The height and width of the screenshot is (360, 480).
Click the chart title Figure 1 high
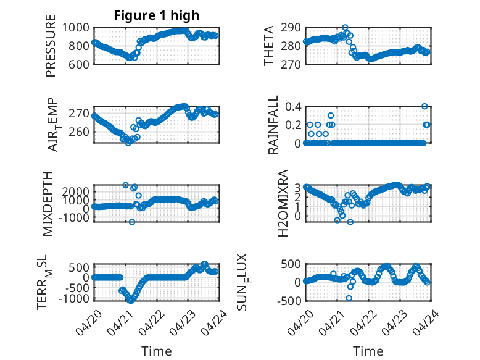[157, 15]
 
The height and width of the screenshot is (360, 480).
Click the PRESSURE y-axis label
[51, 46]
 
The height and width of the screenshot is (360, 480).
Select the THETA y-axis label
[268, 46]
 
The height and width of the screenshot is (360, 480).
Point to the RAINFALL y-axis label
[273, 125]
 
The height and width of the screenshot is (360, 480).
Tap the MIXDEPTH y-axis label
[48, 204]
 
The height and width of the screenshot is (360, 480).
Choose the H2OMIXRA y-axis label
[283, 203]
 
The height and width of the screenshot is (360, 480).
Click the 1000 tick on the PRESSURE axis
[76, 28]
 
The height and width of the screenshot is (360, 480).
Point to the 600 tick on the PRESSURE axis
[79, 65]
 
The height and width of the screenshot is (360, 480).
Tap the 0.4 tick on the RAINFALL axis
[293, 107]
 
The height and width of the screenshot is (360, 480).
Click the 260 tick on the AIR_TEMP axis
[79, 132]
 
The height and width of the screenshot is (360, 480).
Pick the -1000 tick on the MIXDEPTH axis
[75, 218]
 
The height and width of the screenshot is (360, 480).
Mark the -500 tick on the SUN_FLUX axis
[289, 301]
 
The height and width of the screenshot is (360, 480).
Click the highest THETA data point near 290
[345, 28]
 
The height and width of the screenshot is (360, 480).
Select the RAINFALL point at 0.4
[424, 106]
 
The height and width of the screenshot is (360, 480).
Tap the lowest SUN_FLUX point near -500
[349, 298]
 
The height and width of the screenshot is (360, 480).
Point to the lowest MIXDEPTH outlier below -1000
[132, 222]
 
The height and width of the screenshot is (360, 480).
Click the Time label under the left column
[157, 351]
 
